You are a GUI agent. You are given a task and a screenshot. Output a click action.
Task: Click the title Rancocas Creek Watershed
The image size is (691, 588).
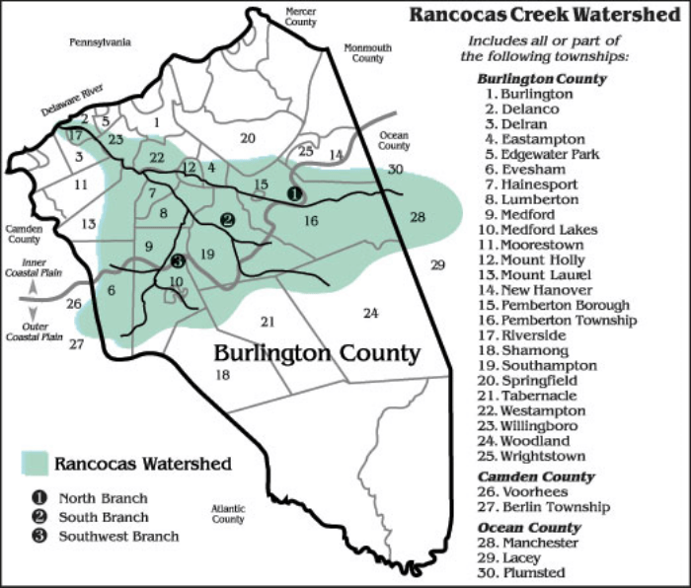(544, 16)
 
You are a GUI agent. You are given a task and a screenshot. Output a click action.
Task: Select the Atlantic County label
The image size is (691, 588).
(228, 513)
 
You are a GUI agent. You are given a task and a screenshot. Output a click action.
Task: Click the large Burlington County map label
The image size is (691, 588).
(317, 353)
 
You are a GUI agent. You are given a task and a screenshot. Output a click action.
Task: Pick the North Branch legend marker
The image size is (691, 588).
(36, 498)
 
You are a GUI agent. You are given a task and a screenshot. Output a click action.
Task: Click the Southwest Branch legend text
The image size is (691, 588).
(118, 537)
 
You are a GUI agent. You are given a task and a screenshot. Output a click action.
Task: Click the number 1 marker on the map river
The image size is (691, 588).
(294, 193)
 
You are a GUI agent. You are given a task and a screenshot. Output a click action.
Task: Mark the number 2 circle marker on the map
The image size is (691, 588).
(228, 220)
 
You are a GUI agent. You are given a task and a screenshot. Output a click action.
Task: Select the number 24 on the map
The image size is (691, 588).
(370, 314)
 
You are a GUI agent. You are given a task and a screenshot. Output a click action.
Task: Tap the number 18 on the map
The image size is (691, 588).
(222, 375)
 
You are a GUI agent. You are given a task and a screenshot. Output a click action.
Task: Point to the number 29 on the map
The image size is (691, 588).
(438, 264)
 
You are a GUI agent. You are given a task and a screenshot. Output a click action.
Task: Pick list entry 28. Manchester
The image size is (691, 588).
(538, 543)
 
